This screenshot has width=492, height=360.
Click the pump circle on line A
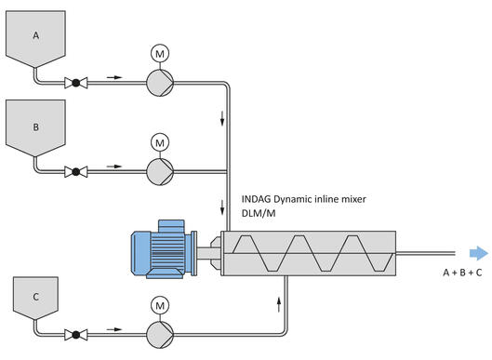tap(159, 83)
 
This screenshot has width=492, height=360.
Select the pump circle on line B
tap(159, 170)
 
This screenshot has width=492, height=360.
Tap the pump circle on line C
tap(159, 330)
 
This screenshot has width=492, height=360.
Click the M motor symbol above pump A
tap(159, 54)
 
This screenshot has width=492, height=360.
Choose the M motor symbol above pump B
tap(159, 141)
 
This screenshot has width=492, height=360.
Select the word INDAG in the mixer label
tap(259, 198)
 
